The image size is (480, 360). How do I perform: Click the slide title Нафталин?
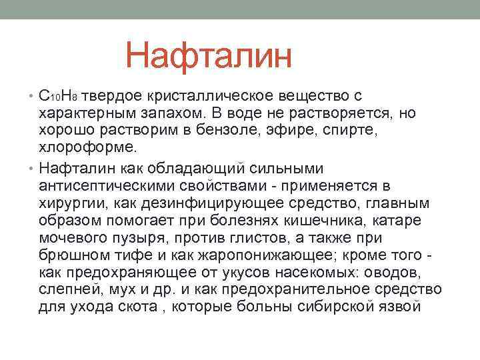(x=209, y=55)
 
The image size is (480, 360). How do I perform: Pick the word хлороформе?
(x=87, y=147)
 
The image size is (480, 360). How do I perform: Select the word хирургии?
(x=69, y=203)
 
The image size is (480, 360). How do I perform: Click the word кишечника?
(x=325, y=220)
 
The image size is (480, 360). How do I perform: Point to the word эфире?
(x=305, y=130)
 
